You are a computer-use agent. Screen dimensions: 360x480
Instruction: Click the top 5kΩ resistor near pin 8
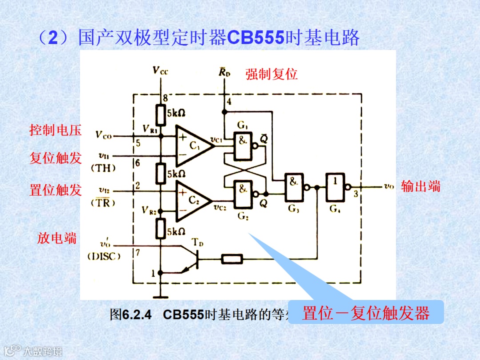[x=160, y=115]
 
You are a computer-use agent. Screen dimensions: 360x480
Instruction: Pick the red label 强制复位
[x=272, y=74]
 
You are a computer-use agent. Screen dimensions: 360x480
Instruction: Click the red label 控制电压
[x=56, y=130]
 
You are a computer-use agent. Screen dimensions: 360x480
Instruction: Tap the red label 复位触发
[x=56, y=158]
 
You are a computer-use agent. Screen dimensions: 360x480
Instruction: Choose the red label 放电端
[x=56, y=238]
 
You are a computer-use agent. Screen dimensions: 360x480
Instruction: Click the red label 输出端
[x=420, y=186]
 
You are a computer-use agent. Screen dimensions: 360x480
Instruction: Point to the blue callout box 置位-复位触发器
[x=366, y=312]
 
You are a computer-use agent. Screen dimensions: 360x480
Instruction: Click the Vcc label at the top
[x=160, y=70]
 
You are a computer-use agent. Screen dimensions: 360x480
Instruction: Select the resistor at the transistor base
[x=232, y=259]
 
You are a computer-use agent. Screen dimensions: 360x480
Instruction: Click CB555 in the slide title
[x=256, y=38]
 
